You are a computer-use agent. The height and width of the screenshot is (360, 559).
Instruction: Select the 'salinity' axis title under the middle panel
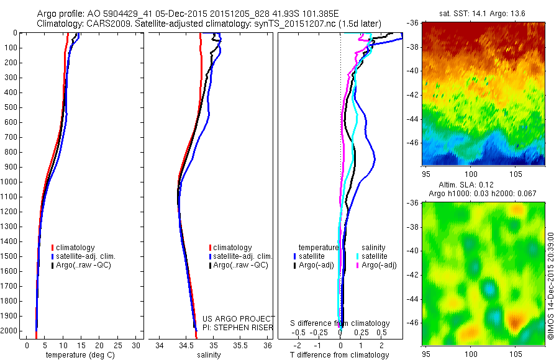208,355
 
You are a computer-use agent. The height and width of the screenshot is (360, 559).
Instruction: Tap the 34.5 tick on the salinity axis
186,345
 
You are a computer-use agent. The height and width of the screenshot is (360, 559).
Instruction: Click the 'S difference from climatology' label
340,323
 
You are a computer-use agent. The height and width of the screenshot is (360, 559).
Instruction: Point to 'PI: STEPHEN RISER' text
239,327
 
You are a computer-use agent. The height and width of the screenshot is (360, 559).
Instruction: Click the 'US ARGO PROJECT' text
239,318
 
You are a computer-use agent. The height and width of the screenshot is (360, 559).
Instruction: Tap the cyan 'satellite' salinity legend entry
375,256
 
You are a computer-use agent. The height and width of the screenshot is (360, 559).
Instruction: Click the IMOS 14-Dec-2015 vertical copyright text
550,286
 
